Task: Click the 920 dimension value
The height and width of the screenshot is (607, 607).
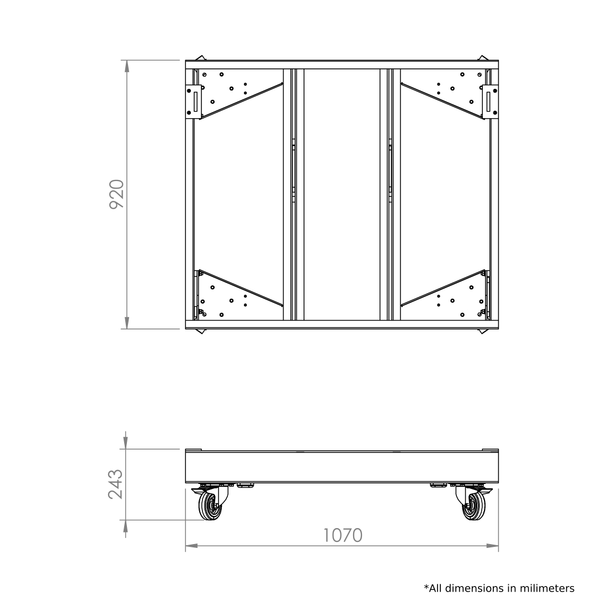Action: (x=116, y=194)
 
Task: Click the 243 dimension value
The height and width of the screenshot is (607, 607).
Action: (x=116, y=484)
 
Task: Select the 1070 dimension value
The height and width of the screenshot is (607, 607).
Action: (x=343, y=535)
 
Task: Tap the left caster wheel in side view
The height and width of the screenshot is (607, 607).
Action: (x=211, y=506)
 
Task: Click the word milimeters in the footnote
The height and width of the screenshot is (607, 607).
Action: (x=547, y=588)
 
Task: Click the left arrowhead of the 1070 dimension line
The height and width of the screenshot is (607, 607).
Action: (x=191, y=546)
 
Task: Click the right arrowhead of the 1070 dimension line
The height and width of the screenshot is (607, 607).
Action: (x=492, y=546)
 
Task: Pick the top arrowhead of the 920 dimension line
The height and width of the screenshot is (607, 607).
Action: (x=126, y=66)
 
